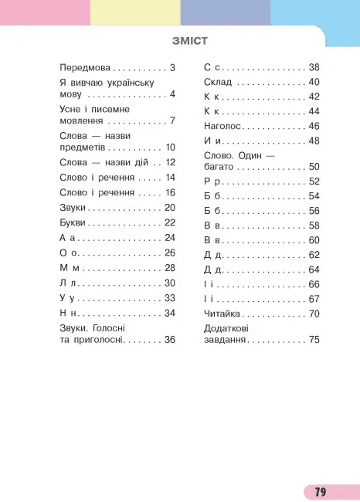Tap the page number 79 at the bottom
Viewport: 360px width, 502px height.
(x=321, y=492)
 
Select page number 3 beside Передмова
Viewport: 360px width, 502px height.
(x=174, y=67)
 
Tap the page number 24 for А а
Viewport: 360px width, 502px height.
(x=171, y=237)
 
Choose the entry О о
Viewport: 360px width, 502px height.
(x=68, y=253)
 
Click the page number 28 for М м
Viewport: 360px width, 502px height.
(x=171, y=267)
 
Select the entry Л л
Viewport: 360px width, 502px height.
(x=68, y=283)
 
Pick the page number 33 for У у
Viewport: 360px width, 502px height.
(x=171, y=297)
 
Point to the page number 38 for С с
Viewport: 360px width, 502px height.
(x=314, y=67)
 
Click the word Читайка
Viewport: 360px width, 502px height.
(x=222, y=314)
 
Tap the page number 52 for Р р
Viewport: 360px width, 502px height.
(x=314, y=181)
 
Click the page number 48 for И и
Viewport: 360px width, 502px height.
(x=314, y=141)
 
